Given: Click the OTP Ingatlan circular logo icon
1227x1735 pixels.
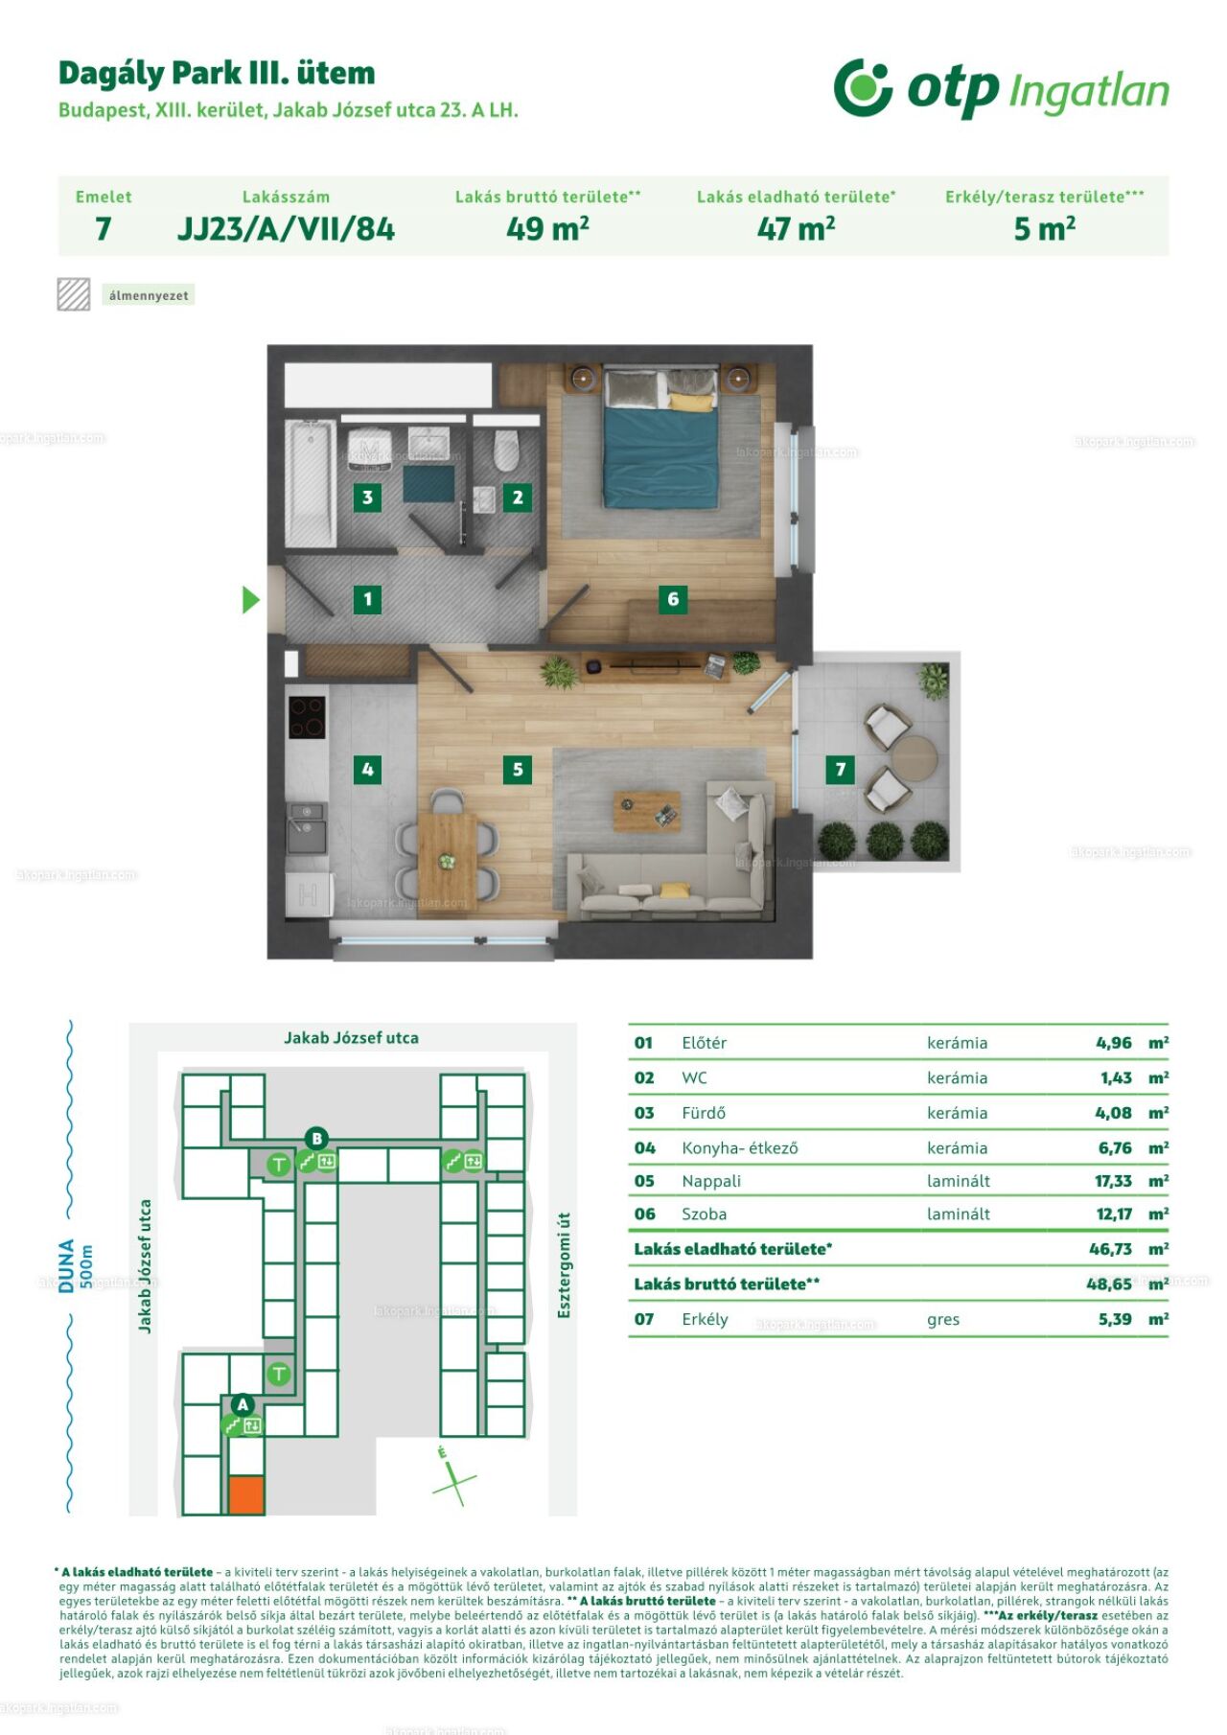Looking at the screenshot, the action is point(863,87).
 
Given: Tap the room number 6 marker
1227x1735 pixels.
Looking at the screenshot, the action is point(673,599).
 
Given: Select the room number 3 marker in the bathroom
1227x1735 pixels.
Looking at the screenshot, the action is point(367,497).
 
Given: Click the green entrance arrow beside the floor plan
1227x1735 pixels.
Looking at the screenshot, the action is point(251,600).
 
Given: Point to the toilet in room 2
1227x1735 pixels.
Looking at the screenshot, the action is point(505,450).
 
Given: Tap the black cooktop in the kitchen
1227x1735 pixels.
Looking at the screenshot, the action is point(307,718).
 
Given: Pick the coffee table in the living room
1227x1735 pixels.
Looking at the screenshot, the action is point(647,811).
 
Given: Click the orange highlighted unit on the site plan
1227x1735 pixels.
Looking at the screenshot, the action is point(246,1495).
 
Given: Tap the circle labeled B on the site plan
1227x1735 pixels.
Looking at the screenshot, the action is point(316,1139).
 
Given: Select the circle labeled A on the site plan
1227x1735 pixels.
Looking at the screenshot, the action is point(243,1404).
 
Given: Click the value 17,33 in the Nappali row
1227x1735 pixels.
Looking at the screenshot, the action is point(1113,1181).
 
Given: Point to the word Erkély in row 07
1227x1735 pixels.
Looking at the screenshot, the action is point(705,1319).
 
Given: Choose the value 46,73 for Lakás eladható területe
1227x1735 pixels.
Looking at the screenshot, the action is point(1110,1249).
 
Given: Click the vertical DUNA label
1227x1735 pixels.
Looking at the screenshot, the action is point(66,1265).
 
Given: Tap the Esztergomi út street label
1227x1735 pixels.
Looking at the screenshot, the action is point(564,1264).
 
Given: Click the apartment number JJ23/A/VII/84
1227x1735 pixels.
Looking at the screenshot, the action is point(286,229).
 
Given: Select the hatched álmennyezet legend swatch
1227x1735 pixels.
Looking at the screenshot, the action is point(74,294).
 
